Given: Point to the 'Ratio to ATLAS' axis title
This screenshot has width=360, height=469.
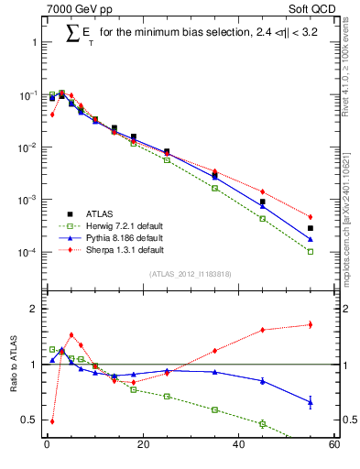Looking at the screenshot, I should [14, 365].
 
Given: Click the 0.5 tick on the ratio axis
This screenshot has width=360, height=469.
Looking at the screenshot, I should [27, 420].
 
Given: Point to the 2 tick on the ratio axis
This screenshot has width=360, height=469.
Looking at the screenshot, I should [32, 309].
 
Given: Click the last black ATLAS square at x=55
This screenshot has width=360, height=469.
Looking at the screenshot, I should [311, 228].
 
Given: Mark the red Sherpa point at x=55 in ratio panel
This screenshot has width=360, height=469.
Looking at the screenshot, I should [311, 324].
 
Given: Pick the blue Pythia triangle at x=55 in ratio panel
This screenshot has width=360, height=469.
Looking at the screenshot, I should [311, 401].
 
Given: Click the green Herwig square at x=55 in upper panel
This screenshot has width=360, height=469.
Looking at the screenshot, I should [311, 251].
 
